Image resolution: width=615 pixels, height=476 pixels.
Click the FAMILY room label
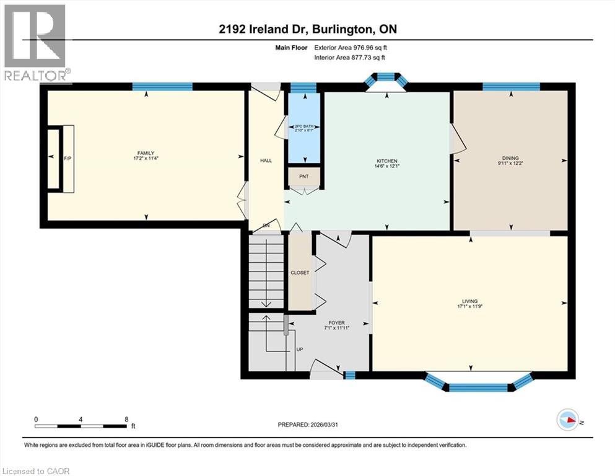click(x=146, y=153)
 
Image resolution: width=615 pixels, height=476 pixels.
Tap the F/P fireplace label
click(x=68, y=159)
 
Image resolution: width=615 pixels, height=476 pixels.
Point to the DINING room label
click(x=510, y=158)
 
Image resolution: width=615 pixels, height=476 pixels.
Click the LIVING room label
click(x=469, y=301)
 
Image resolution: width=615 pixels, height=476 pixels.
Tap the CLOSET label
click(x=300, y=272)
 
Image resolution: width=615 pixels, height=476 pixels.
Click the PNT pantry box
click(x=303, y=177)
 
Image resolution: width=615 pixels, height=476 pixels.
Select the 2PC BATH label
click(x=303, y=125)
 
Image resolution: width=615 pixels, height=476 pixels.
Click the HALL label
click(x=266, y=161)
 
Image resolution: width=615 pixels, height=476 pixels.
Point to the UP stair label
click(x=299, y=350)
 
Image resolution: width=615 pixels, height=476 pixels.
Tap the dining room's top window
click(x=511, y=86)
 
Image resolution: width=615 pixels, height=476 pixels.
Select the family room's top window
click(x=162, y=86)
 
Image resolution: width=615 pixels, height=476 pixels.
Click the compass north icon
click(x=567, y=420)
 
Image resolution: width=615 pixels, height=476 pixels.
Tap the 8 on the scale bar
click(x=126, y=419)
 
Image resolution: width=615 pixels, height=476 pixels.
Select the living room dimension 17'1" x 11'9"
click(x=469, y=306)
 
